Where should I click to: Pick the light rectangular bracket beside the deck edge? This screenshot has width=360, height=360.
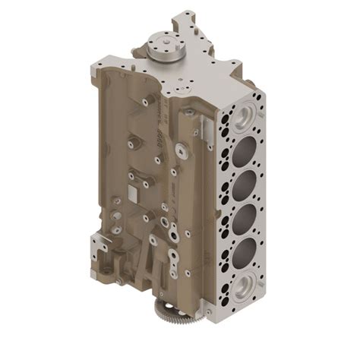199,126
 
